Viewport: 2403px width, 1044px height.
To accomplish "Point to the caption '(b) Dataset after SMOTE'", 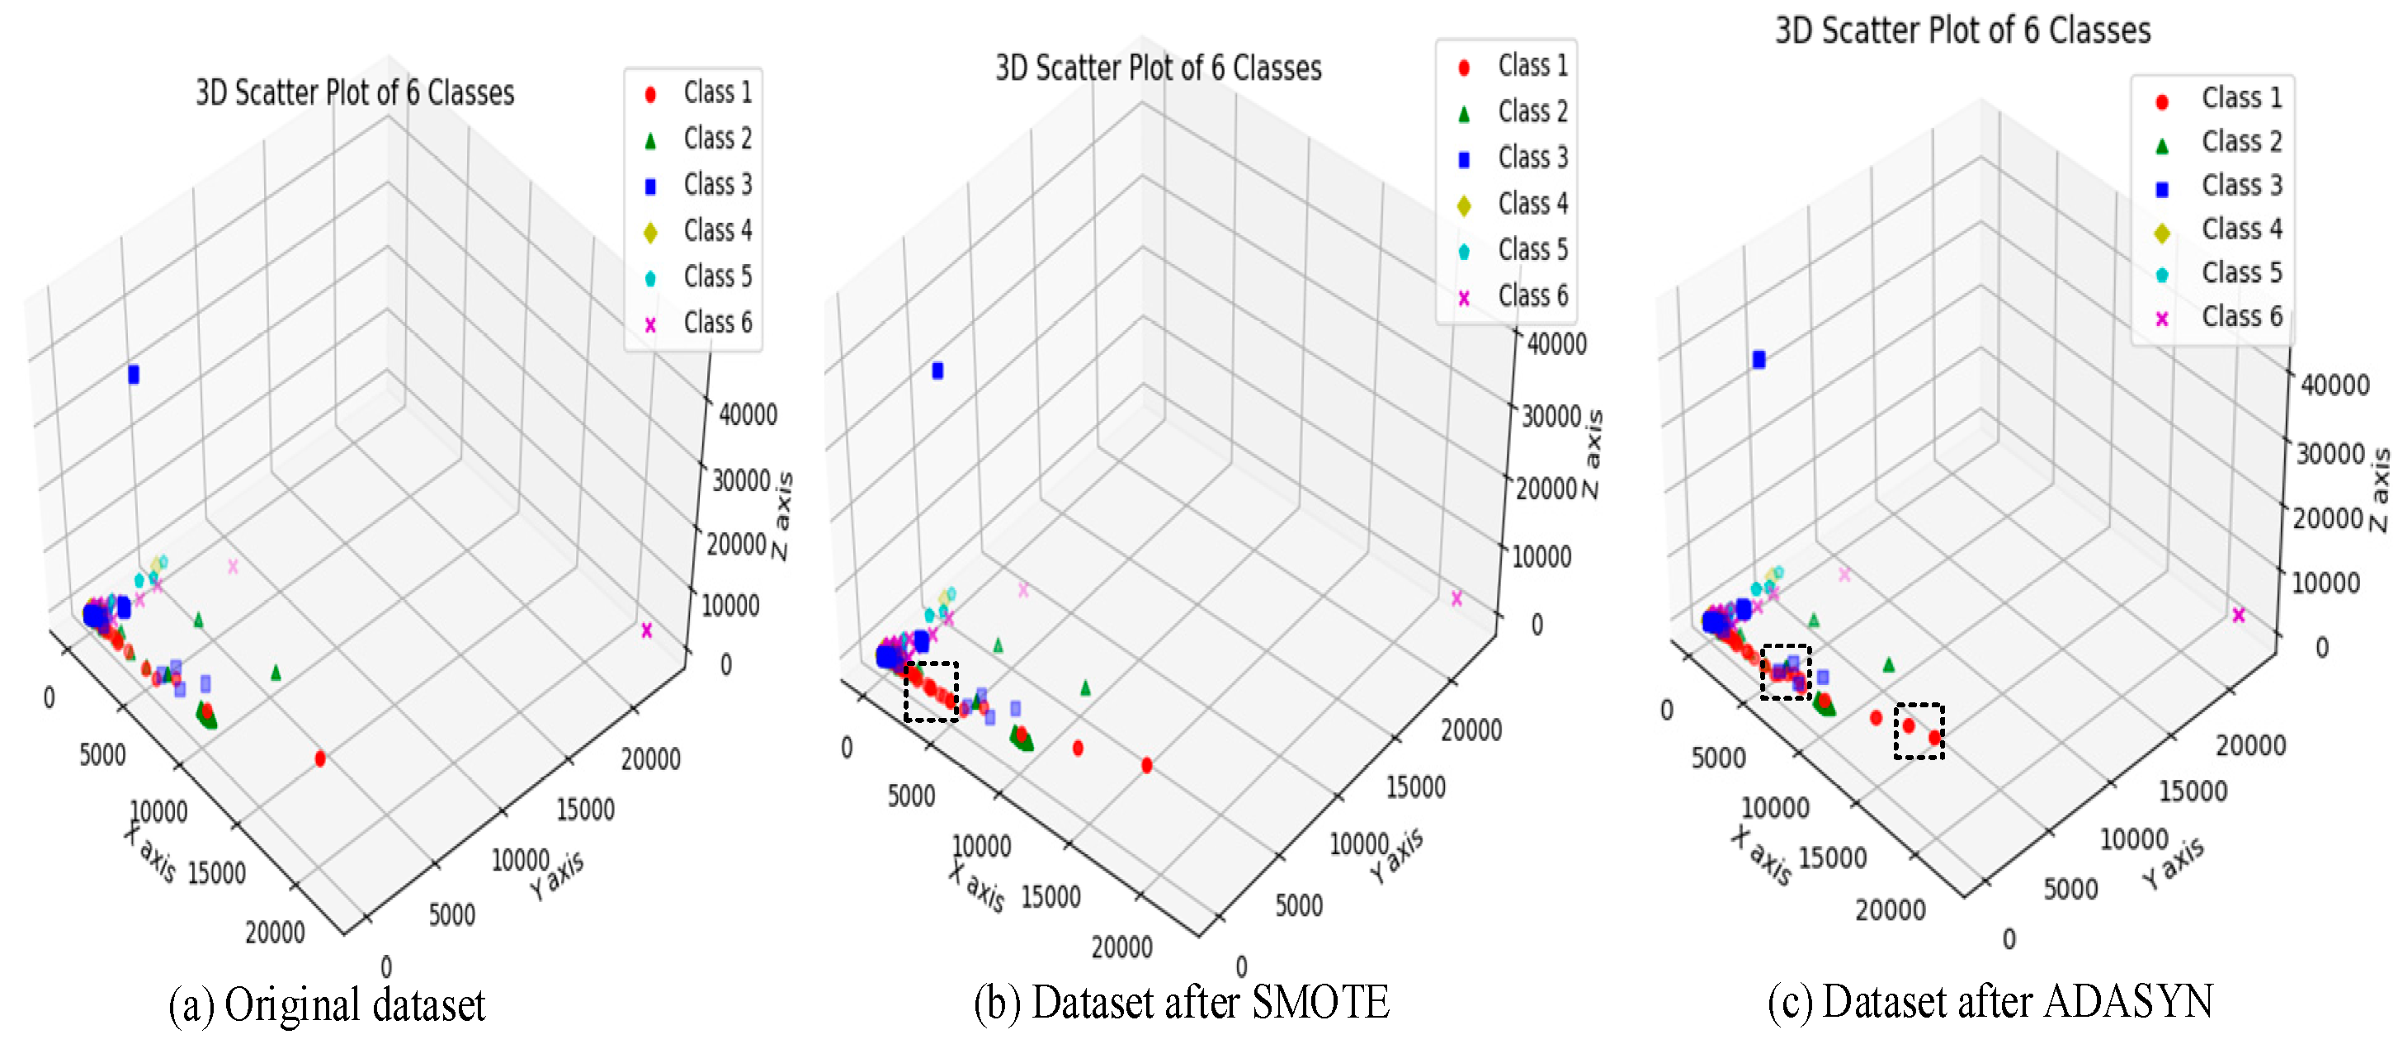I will click(1181, 1003).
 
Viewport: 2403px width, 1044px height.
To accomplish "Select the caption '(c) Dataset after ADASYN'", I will click(1990, 1002).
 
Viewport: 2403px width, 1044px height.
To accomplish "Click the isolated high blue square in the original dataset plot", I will click(134, 374).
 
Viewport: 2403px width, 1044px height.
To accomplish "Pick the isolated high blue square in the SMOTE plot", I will click(937, 371).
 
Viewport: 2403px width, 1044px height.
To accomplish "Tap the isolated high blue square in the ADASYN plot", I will click(1759, 359).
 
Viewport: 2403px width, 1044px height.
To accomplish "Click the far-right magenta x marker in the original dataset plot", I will click(646, 631).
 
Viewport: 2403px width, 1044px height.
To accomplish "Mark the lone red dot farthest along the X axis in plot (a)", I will click(320, 758).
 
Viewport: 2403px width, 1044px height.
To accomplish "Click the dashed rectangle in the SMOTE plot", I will click(931, 692).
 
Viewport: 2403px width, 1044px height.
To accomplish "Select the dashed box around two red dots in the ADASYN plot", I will click(1919, 730).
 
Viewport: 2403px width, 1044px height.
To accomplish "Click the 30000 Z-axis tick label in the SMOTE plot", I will click(1551, 417).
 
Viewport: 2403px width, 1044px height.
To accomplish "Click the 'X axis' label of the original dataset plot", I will click(149, 852).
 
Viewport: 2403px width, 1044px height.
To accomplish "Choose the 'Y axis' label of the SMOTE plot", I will click(1395, 855).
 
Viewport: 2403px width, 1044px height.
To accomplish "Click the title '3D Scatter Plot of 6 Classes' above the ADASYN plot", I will click(1962, 31).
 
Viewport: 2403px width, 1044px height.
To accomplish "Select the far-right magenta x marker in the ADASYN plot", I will click(2238, 615).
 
